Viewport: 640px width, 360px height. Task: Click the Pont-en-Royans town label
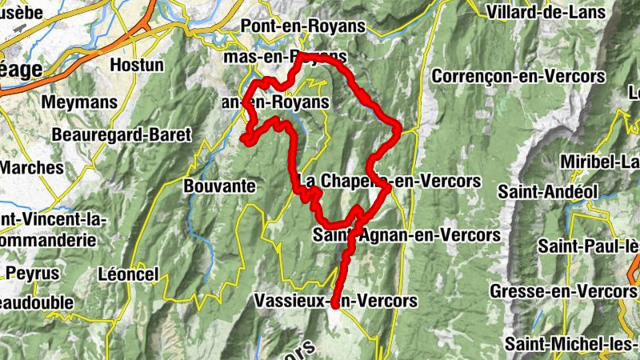(x=297, y=26)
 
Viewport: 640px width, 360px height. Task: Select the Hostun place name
(x=138, y=64)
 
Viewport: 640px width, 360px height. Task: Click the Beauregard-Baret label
(x=122, y=134)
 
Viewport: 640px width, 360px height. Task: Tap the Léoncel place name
(x=127, y=272)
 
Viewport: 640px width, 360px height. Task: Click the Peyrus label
(x=33, y=273)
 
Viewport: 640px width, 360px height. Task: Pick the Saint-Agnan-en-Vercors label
(x=406, y=235)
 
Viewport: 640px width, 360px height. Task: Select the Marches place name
(x=31, y=168)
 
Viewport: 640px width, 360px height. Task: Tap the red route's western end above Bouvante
(x=242, y=139)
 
